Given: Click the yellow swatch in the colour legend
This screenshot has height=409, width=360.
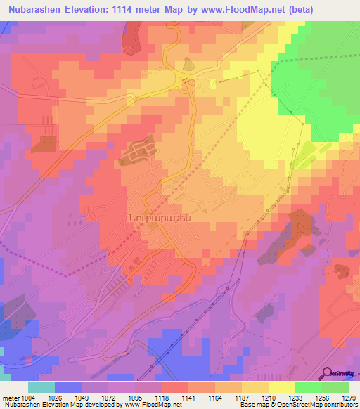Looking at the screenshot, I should point(282,387).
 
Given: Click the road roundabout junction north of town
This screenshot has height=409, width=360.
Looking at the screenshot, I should point(186,86).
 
